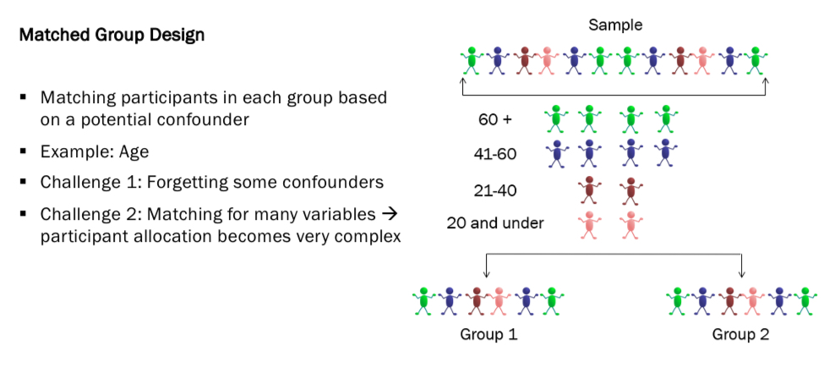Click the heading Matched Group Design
point(112,36)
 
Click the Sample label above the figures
point(614,25)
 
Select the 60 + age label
point(495,121)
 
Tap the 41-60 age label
point(494,154)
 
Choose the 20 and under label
point(495,223)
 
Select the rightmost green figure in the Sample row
point(756,60)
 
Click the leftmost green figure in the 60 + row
point(555,118)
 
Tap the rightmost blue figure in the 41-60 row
point(666,151)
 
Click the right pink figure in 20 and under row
point(629,224)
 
